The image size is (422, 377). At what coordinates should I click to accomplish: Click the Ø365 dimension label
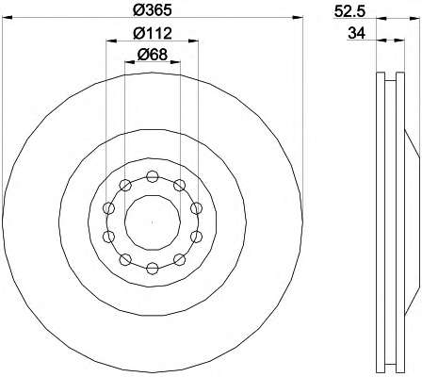tap(153, 10)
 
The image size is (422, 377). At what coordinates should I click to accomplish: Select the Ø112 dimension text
tap(153, 33)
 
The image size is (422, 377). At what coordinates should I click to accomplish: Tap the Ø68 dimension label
tap(153, 55)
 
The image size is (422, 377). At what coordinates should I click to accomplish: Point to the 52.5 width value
tap(350, 11)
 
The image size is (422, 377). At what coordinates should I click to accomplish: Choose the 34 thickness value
tap(357, 33)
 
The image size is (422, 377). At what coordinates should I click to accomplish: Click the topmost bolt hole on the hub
tap(153, 176)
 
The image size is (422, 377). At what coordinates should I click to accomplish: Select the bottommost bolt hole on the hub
tap(153, 269)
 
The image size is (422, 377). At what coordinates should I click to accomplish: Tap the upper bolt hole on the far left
tap(108, 208)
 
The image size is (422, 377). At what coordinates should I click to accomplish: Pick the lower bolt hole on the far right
tap(196, 237)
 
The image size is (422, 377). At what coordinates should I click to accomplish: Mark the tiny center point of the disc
tap(153, 222)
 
